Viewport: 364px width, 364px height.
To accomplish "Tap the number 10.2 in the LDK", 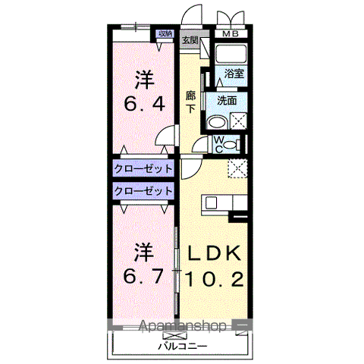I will (x=213, y=280).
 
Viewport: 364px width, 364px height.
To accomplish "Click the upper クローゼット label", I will (x=143, y=168).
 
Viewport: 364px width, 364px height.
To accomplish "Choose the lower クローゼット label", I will (x=143, y=191).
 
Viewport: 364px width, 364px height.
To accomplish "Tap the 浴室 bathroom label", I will (x=234, y=74).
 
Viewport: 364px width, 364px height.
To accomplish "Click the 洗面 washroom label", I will (x=228, y=99).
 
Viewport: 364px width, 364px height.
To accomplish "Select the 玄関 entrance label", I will (x=190, y=40).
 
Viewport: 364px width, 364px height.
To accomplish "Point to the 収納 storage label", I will (x=165, y=33).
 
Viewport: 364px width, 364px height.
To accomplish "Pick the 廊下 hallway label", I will (x=191, y=102).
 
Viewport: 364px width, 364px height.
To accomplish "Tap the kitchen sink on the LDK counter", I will (x=209, y=202).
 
